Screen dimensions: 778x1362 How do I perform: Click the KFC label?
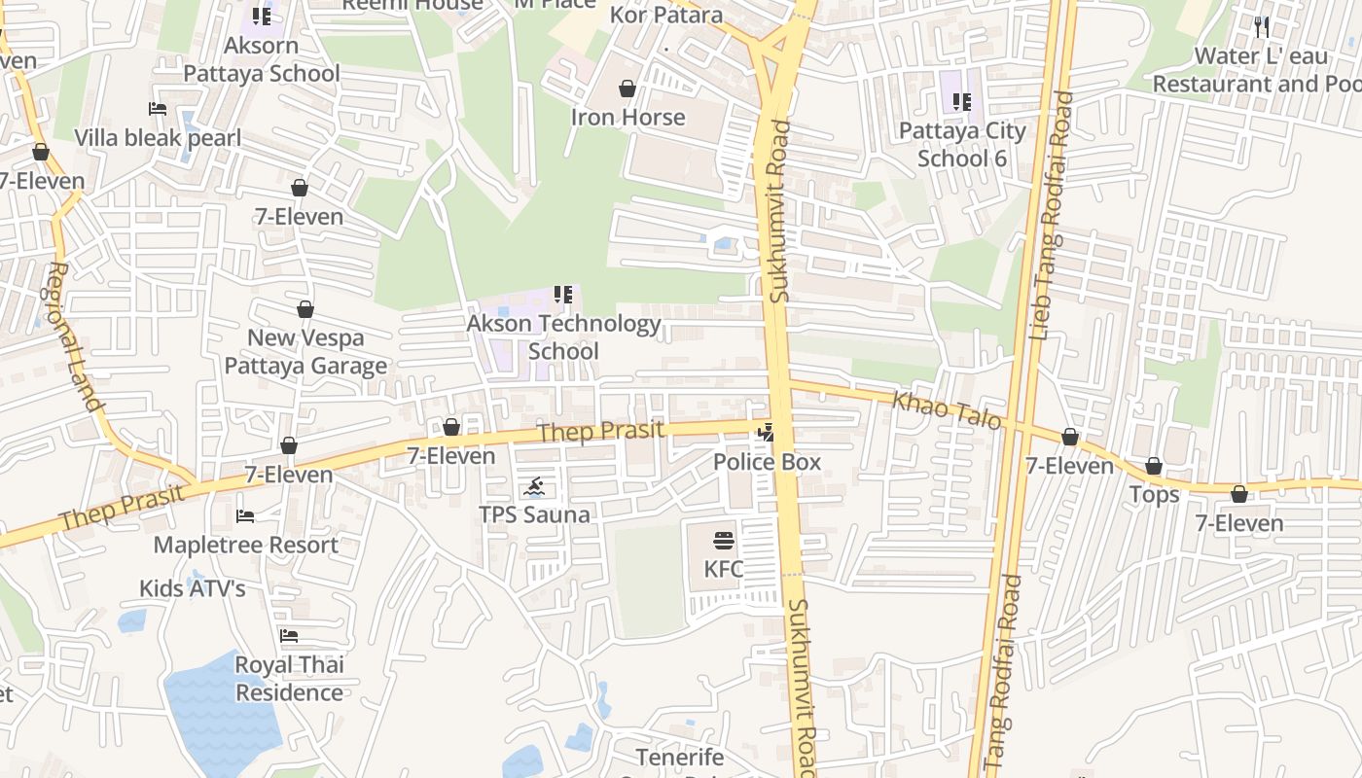coord(724,569)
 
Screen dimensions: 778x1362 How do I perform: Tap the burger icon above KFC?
coord(724,541)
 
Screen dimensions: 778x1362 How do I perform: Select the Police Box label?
coord(768,462)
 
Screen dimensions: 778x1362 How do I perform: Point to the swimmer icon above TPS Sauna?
coord(534,486)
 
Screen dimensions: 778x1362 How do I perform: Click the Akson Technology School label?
coord(563,336)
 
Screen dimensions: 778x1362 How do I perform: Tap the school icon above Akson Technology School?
coord(562,294)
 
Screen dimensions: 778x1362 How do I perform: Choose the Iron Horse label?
coord(627,117)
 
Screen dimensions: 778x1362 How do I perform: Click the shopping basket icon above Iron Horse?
coord(627,88)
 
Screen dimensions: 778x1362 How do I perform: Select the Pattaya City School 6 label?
coord(962,144)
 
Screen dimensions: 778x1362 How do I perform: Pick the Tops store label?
coord(1154,495)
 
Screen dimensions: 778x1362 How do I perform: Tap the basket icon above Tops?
coord(1154,467)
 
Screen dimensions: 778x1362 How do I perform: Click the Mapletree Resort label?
coord(246,545)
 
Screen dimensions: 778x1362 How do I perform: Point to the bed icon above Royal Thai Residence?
coord(289,636)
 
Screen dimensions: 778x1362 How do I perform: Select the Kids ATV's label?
coord(192,588)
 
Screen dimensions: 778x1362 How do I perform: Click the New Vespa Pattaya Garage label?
coord(305,351)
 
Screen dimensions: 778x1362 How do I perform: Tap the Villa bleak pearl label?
coord(158,138)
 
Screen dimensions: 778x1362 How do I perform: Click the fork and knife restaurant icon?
coord(1262,26)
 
